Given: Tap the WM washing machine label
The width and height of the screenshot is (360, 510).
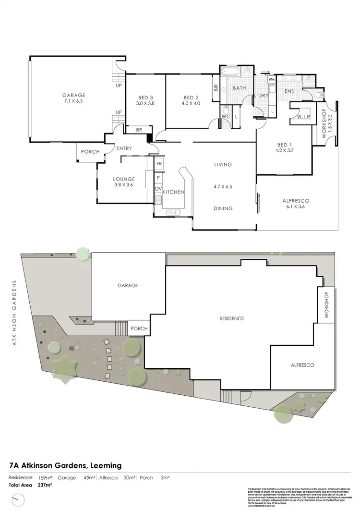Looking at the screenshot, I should pyautogui.click(x=271, y=79).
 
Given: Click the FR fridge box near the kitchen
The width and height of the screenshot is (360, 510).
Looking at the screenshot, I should pyautogui.click(x=158, y=164).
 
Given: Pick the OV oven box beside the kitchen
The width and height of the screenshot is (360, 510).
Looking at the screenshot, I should pyautogui.click(x=158, y=189).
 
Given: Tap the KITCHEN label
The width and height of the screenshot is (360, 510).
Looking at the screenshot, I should pyautogui.click(x=173, y=192).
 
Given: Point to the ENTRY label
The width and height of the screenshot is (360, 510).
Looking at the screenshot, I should pyautogui.click(x=123, y=148).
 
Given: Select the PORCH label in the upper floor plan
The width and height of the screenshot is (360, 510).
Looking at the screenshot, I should pyautogui.click(x=90, y=152).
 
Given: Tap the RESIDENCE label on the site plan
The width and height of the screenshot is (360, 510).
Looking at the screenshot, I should pyautogui.click(x=232, y=318).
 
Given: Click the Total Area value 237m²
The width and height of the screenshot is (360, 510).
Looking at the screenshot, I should pyautogui.click(x=45, y=485).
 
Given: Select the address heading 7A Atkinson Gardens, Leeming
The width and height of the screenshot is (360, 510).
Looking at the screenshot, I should pyautogui.click(x=65, y=465).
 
